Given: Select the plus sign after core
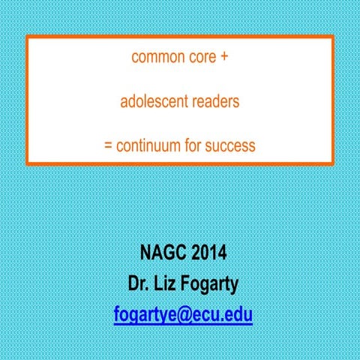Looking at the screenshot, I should pyautogui.click(x=224, y=57).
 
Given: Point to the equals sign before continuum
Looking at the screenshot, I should pyautogui.click(x=108, y=145).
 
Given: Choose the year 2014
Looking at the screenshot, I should pyautogui.click(x=204, y=251).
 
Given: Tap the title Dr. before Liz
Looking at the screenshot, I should pyautogui.click(x=139, y=283).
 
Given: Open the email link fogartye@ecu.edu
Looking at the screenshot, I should pyautogui.click(x=183, y=316).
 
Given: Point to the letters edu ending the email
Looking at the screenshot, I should pyautogui.click(x=238, y=316).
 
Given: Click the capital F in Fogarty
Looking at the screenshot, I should pyautogui.click(x=190, y=283).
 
